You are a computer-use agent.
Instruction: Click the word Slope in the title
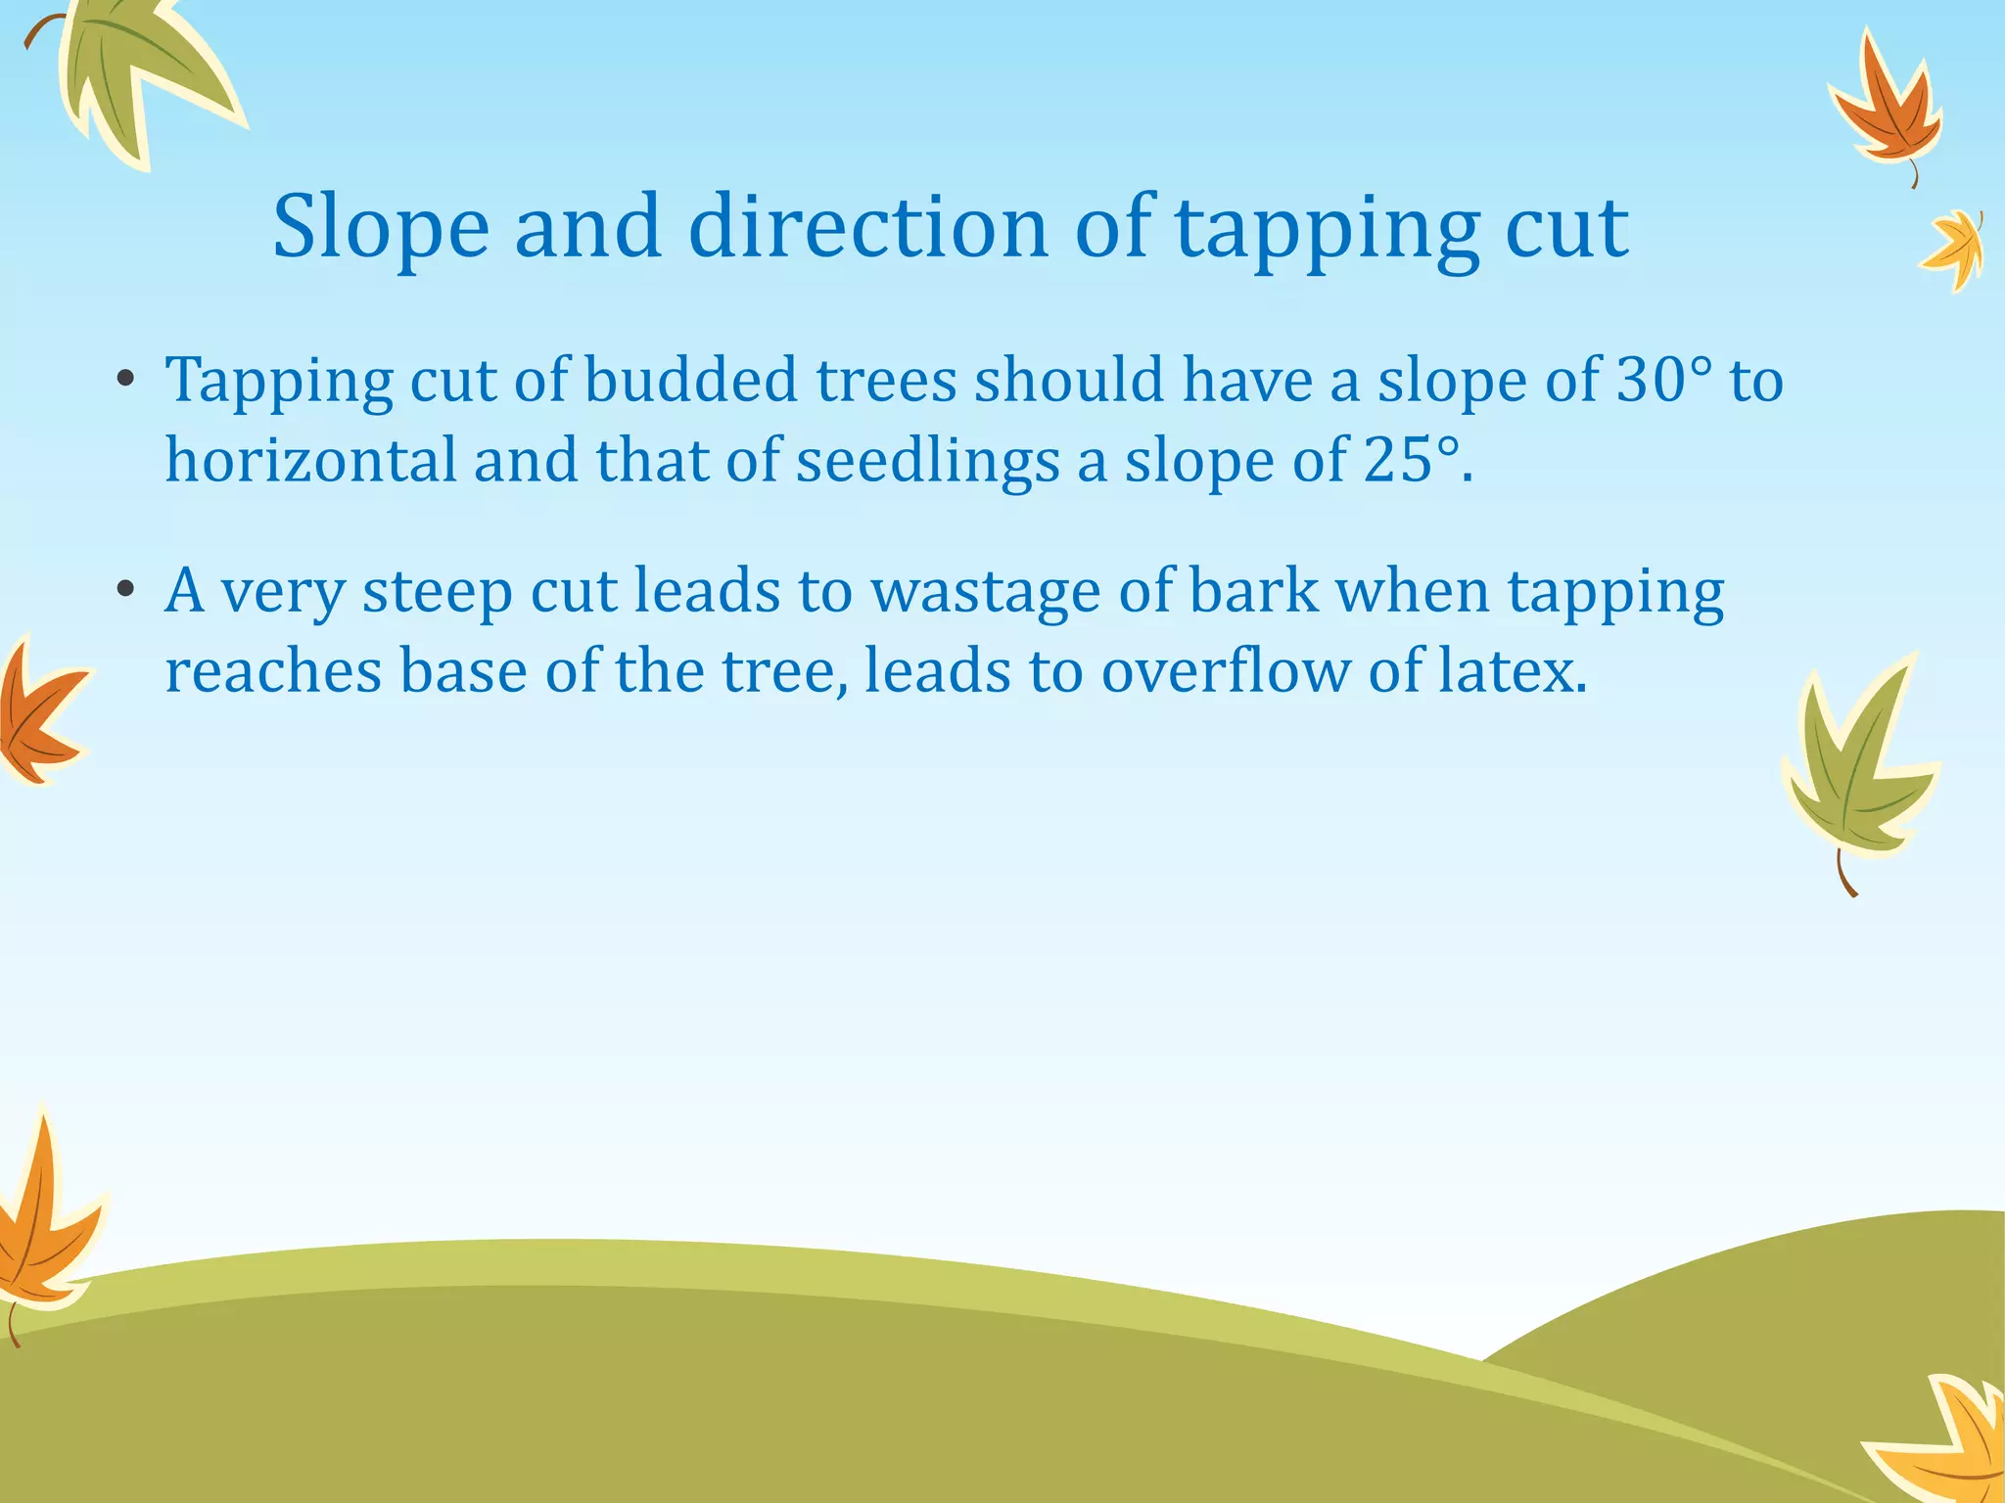pos(380,227)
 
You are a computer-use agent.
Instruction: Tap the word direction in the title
pos(868,227)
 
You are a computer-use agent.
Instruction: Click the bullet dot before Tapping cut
pos(124,381)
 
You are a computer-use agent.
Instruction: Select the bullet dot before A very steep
pos(124,591)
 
